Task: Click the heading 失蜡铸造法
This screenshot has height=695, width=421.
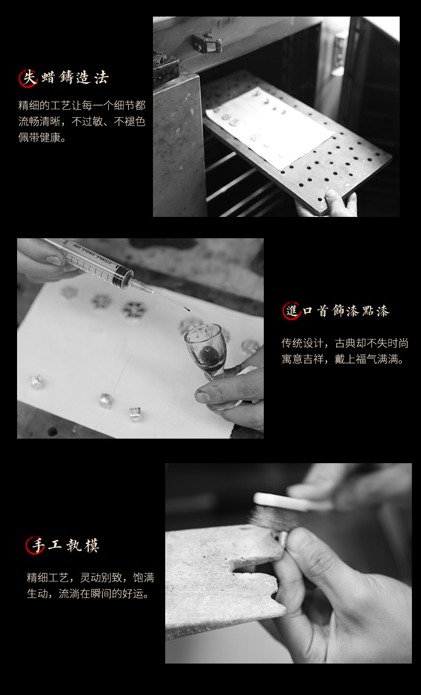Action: (64, 78)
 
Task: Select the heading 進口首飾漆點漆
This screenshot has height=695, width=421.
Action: (336, 311)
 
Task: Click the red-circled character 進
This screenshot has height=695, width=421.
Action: (292, 311)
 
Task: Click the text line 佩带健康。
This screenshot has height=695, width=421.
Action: (42, 137)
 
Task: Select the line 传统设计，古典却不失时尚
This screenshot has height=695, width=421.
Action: (345, 343)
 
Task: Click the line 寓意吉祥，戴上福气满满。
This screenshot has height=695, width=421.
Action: (343, 359)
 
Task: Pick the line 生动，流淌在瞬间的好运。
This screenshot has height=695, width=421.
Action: (88, 594)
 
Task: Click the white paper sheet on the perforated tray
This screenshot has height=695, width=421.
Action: (270, 128)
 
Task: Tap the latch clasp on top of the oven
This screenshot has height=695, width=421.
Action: (207, 44)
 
